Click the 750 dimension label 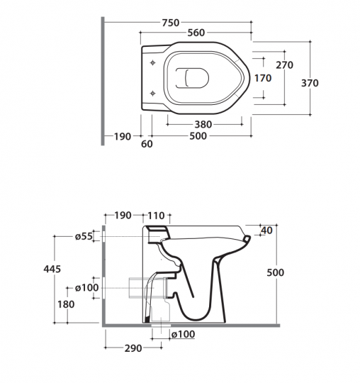click(171, 23)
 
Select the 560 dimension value click(196, 33)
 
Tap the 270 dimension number click(284, 65)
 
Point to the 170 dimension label click(263, 78)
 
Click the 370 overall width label click(310, 83)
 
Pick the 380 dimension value click(203, 125)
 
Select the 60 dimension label click(147, 144)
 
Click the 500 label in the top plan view click(198, 135)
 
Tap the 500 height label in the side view click(275, 272)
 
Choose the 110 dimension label click(156, 216)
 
